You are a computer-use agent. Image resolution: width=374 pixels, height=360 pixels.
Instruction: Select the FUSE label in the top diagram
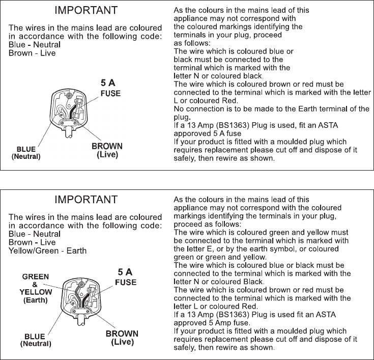(x=110, y=94)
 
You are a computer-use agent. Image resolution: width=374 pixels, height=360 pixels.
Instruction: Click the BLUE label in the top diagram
(x=26, y=149)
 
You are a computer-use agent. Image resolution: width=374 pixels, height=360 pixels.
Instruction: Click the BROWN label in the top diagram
(x=107, y=147)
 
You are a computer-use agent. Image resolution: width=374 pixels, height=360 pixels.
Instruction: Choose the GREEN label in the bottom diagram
(x=35, y=276)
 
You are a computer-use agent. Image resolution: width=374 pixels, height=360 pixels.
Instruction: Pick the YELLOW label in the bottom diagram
(x=35, y=292)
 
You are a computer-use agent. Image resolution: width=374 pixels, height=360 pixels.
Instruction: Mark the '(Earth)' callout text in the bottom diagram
(x=35, y=300)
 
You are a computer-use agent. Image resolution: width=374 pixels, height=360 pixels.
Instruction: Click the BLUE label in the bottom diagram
(x=36, y=336)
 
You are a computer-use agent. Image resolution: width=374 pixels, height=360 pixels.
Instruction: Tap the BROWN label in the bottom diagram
(x=122, y=335)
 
